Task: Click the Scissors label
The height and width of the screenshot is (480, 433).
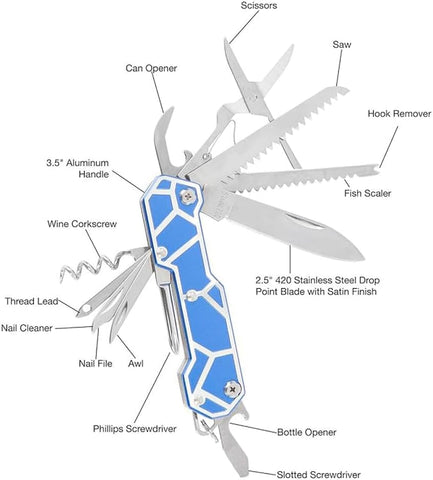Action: tap(259, 6)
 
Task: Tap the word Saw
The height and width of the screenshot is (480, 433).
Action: tap(342, 44)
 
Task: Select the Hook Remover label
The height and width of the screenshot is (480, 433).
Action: tap(399, 114)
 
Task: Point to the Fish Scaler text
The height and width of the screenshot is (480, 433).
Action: tap(367, 193)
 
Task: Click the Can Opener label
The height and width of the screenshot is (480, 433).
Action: tap(151, 68)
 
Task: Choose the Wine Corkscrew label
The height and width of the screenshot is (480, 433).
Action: tap(82, 224)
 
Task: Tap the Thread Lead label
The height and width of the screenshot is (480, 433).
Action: tap(31, 301)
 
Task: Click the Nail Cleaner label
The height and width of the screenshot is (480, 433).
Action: tap(27, 328)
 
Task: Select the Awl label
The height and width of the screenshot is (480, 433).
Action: tap(136, 363)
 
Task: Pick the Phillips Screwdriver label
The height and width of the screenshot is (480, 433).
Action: tap(135, 429)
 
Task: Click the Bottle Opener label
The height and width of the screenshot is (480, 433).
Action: tap(307, 433)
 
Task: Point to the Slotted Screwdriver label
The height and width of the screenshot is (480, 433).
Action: tap(319, 475)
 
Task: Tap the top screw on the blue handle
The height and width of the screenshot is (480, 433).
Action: tap(188, 196)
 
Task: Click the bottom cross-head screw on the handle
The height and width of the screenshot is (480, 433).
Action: tap(232, 389)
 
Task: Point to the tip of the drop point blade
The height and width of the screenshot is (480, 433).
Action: tap(363, 258)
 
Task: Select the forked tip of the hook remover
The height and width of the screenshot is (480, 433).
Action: tap(377, 170)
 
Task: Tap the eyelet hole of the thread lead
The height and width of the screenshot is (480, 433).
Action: tap(86, 309)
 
